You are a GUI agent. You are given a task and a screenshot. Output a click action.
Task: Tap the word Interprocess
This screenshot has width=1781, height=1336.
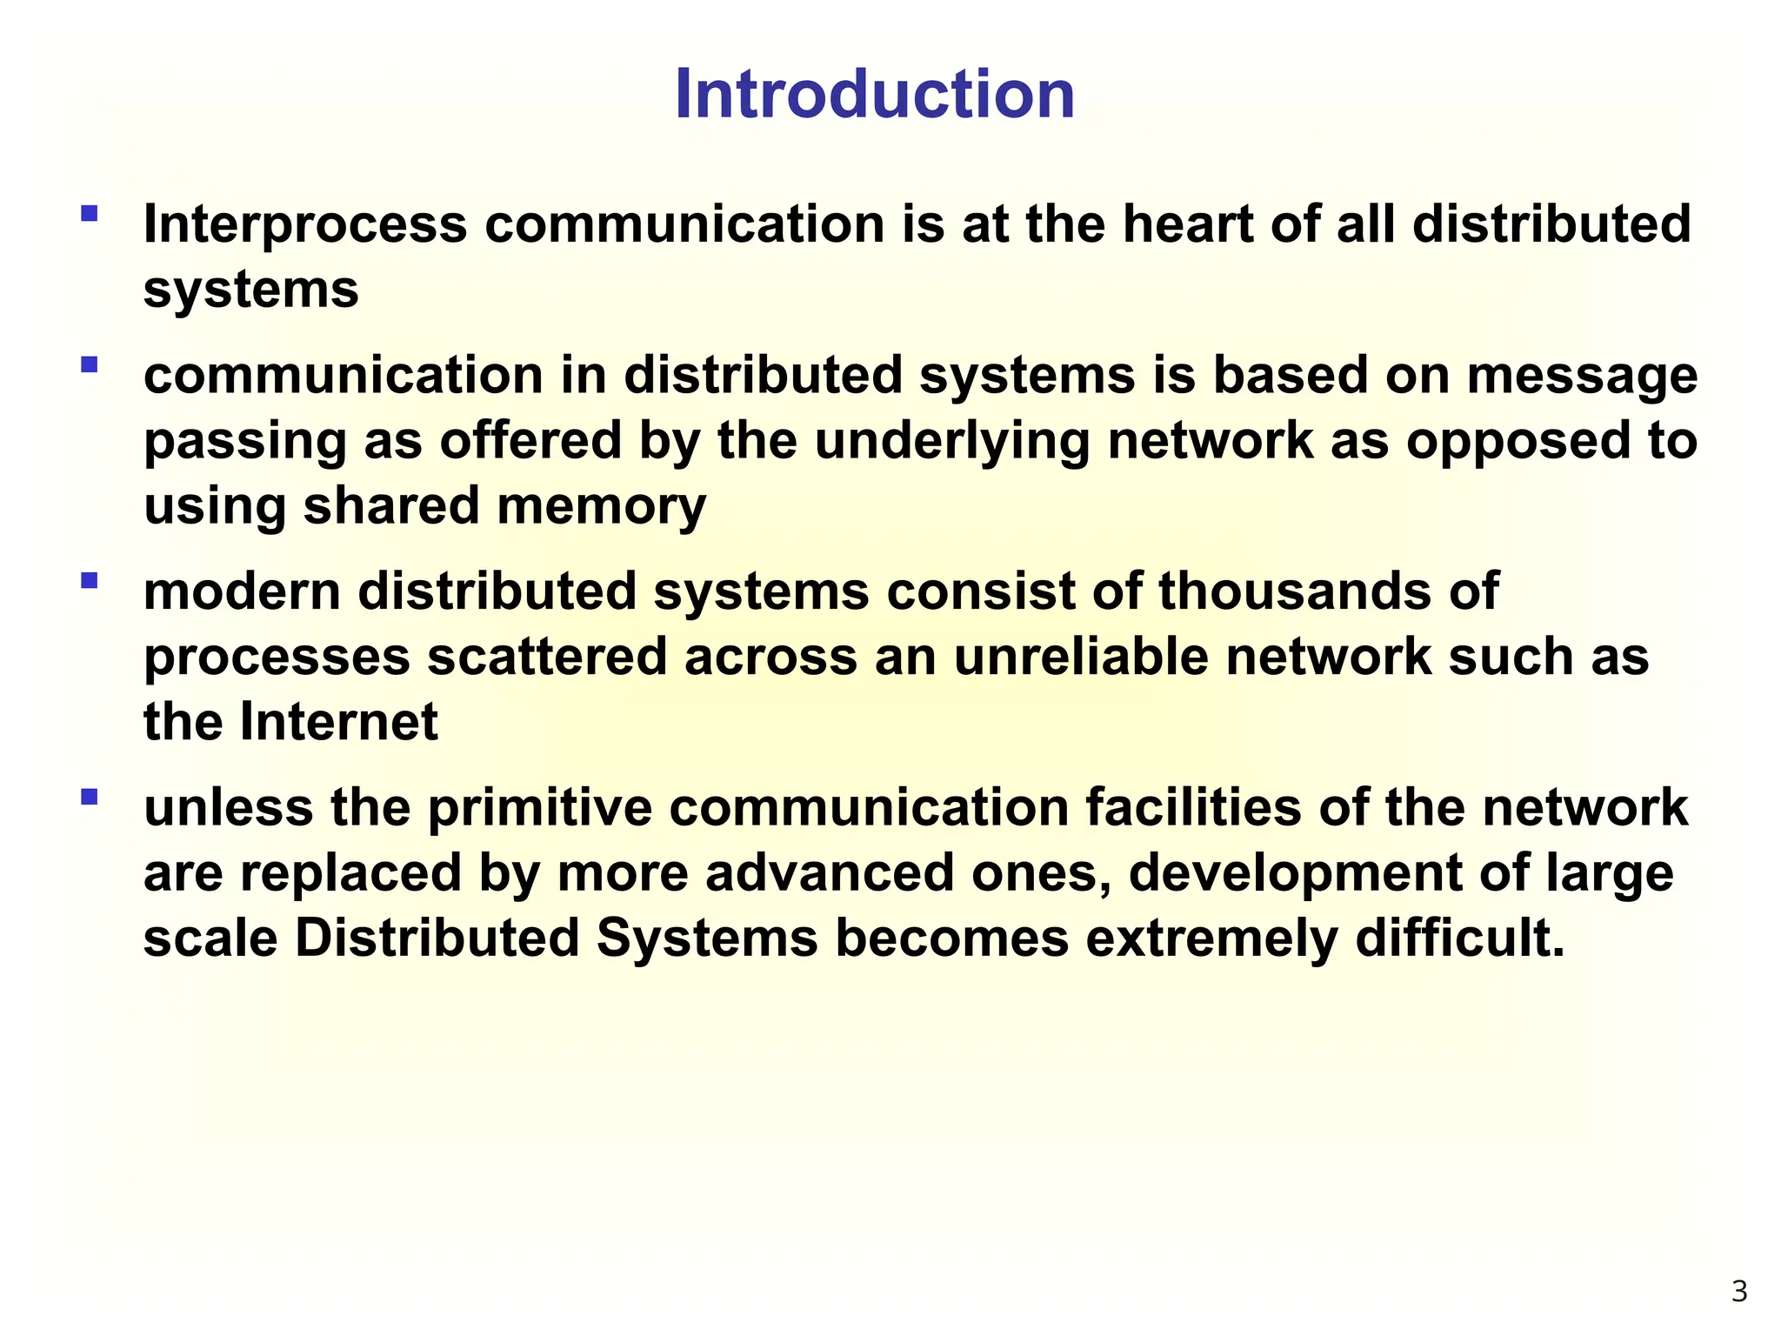pos(305,224)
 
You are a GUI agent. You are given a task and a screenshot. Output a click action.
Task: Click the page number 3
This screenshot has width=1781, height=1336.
pos(1739,1292)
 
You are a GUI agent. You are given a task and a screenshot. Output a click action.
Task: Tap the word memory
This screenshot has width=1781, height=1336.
pos(601,507)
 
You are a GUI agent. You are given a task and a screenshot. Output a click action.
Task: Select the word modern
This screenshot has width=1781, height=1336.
pos(242,591)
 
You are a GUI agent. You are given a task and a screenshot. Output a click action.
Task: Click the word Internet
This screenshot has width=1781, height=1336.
pos(339,722)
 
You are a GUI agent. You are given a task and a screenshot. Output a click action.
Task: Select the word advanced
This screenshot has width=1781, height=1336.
pos(830,872)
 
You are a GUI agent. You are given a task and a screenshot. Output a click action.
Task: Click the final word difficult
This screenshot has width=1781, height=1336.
pos(1460,938)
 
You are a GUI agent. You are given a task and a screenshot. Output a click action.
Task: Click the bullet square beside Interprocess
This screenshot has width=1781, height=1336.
pos(89,213)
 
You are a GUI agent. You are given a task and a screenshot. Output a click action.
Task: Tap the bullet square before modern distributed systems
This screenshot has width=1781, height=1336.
pos(89,580)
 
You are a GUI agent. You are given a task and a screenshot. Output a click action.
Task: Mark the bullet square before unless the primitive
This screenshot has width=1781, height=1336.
pos(89,797)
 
